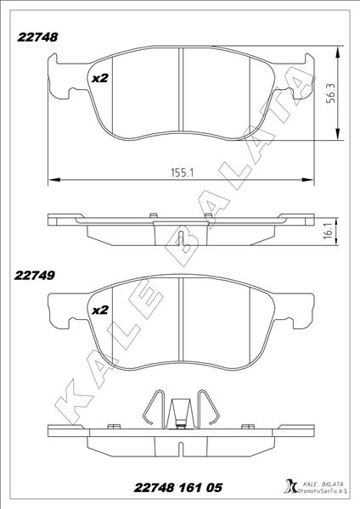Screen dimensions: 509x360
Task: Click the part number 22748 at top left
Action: tap(33, 36)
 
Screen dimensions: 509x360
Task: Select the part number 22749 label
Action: tap(33, 275)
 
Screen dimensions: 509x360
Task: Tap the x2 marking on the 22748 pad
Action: tap(100, 78)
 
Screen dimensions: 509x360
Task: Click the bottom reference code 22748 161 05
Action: tap(179, 489)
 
